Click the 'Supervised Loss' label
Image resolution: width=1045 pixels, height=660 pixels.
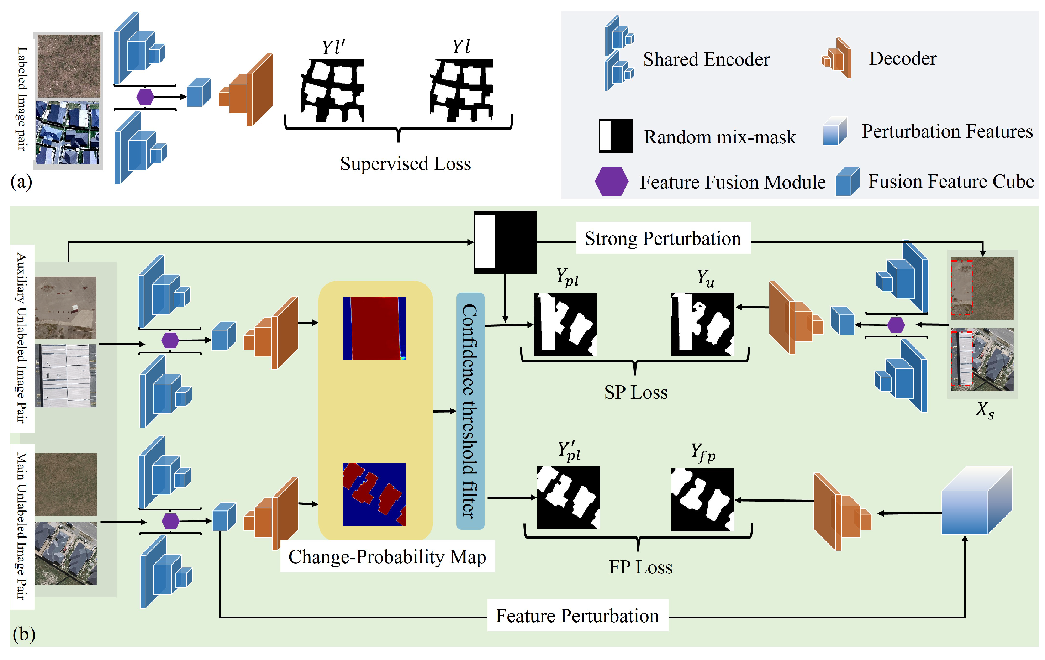405,164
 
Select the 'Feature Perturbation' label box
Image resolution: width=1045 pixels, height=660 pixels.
577,616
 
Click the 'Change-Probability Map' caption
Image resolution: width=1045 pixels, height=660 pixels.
387,557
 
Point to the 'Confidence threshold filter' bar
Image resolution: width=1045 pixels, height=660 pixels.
470,410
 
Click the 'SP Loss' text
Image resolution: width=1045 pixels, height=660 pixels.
636,392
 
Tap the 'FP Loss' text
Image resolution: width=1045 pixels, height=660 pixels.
640,567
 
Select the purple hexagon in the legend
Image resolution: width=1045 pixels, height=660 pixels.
611,181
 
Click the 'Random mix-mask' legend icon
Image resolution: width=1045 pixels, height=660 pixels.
616,136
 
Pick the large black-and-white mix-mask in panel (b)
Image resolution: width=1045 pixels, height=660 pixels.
505,242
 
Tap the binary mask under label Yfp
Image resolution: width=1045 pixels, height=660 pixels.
702,499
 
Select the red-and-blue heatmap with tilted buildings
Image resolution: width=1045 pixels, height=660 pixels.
374,494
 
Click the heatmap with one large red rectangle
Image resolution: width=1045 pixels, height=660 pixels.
374,328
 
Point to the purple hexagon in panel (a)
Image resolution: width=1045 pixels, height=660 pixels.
145,97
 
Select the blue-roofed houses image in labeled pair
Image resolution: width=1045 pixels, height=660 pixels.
68,132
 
